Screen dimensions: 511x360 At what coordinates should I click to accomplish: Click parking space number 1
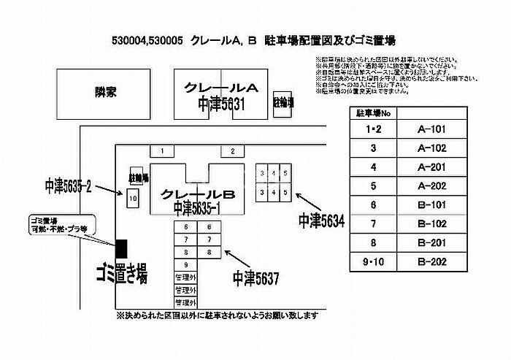(x=163, y=151)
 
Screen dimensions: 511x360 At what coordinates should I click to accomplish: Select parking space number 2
(x=232, y=151)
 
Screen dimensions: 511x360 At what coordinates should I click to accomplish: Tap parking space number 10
(x=133, y=198)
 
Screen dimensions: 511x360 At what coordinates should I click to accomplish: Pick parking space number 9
(x=187, y=264)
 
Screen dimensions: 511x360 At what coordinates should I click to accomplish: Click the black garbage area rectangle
(x=121, y=248)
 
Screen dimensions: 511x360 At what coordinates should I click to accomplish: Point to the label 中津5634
(x=320, y=219)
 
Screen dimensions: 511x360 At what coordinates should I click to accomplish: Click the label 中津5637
(x=255, y=277)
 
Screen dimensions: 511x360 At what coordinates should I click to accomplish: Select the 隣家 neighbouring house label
(x=106, y=93)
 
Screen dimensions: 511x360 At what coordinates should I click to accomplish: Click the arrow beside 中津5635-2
(x=109, y=191)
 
